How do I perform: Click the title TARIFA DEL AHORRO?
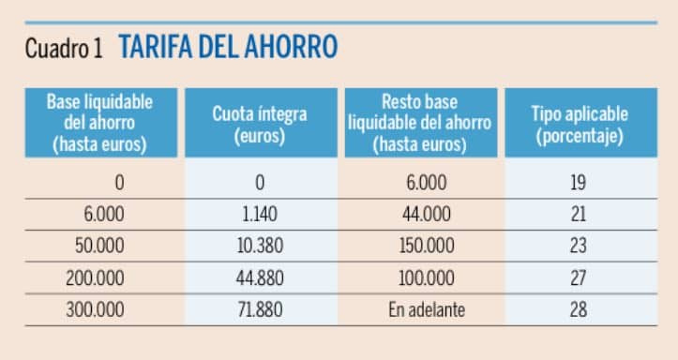228,48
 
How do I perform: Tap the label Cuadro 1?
64,49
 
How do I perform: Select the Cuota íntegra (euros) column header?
260,124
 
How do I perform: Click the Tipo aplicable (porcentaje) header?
579,124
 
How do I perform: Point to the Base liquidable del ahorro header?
99,123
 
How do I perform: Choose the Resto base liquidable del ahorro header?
419,123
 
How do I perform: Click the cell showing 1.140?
260,214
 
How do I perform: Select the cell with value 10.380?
260,246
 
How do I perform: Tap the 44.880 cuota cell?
260,277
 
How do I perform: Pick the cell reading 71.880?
260,309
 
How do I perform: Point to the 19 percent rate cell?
579,182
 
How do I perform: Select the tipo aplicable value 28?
579,309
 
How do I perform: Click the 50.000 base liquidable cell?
99,246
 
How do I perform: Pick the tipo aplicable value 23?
579,246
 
